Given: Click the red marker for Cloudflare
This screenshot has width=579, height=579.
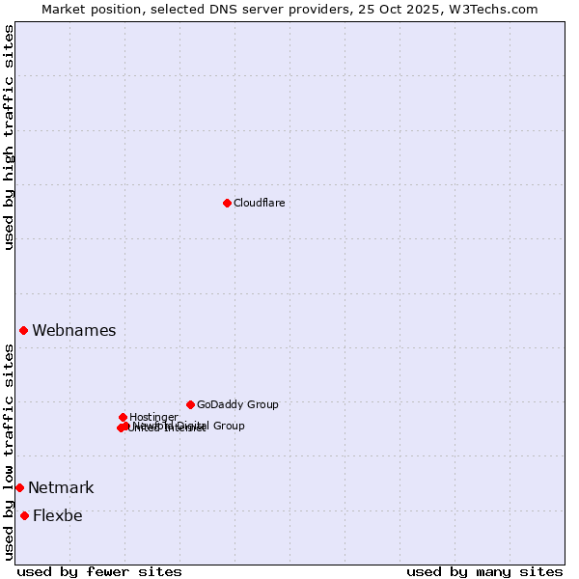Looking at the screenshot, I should click(x=227, y=203).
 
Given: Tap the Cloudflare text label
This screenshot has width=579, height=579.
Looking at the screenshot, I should click(x=259, y=203).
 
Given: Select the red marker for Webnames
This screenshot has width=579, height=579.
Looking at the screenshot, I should click(x=23, y=330).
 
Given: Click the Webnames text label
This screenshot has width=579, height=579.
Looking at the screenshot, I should click(x=73, y=330).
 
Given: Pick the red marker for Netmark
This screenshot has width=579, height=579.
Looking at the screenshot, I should click(x=19, y=487).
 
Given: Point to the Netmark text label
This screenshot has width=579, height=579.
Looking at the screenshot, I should click(x=61, y=487).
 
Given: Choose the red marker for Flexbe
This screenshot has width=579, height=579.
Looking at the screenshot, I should click(x=24, y=515).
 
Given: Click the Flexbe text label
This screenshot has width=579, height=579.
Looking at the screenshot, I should click(x=57, y=515).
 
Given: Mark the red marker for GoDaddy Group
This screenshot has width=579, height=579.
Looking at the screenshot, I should click(x=190, y=404).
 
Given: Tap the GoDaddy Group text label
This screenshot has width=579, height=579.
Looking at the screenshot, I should click(x=237, y=405).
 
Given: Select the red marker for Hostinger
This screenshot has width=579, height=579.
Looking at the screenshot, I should click(x=123, y=417).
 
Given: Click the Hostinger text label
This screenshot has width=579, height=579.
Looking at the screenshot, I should click(x=153, y=417).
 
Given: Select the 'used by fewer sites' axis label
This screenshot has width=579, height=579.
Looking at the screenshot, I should click(x=99, y=571).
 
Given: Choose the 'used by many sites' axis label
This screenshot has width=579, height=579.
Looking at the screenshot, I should click(x=484, y=571).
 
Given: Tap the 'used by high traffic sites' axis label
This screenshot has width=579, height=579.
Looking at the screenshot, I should click(x=9, y=137).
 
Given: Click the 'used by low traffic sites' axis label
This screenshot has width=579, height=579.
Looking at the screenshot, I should click(x=9, y=452).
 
